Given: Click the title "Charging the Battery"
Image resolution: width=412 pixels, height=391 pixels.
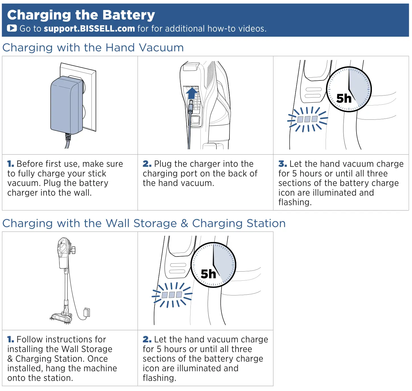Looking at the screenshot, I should (x=81, y=15).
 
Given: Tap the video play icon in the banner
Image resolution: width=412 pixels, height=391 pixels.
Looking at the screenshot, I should (x=12, y=28).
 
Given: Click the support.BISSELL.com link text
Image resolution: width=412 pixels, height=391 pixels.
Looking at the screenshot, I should (x=89, y=29).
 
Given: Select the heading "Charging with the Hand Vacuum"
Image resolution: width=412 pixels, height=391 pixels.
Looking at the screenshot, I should (x=93, y=48).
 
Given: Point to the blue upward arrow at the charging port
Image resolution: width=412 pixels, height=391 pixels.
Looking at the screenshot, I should (x=192, y=93).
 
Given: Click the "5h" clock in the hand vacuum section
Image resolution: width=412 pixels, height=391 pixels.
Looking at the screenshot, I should (x=349, y=90).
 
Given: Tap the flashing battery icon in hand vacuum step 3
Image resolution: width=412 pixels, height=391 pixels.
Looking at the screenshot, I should (x=307, y=119).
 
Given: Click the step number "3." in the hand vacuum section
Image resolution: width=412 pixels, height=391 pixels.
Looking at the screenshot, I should (x=282, y=164).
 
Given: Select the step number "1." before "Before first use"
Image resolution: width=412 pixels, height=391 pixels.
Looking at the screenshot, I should (x=11, y=164).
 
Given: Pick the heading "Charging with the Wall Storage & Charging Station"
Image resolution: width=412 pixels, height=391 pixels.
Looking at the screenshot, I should (x=144, y=224).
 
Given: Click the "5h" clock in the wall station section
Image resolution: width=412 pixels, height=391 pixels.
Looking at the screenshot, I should (x=213, y=265).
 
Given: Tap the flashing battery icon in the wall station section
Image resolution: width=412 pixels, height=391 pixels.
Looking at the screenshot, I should (x=172, y=295).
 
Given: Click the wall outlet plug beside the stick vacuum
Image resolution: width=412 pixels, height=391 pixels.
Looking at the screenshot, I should (x=87, y=313).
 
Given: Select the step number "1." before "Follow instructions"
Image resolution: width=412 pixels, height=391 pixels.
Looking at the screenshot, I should (x=11, y=340).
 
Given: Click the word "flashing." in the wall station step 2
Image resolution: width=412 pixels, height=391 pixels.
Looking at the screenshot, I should (x=159, y=378).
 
